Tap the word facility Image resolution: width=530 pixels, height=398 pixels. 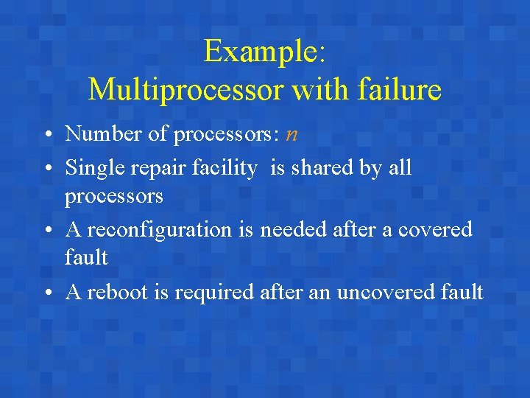[222, 169]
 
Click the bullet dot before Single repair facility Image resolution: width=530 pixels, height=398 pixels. [46, 169]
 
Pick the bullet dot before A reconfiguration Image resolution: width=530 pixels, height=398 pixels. [46, 231]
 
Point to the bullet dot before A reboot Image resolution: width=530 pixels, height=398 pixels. [46, 293]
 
